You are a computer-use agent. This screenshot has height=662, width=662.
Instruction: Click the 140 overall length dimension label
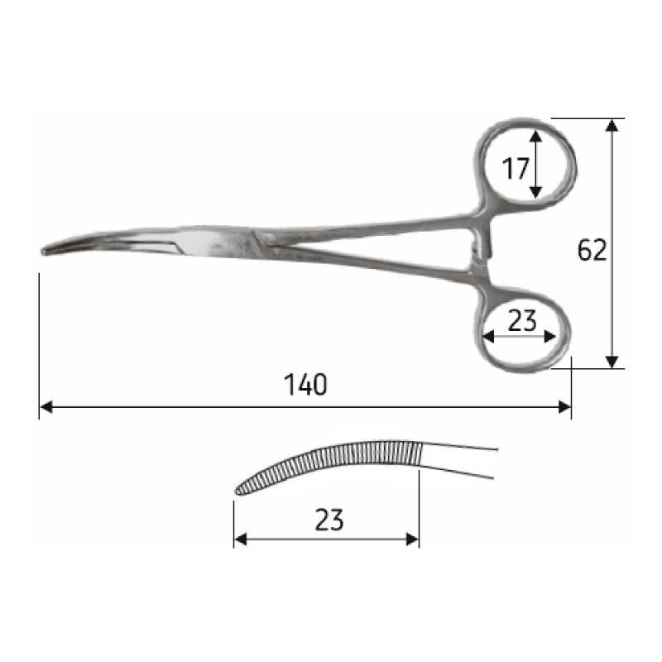click(305, 385)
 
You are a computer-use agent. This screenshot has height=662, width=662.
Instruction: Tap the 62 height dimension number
click(592, 250)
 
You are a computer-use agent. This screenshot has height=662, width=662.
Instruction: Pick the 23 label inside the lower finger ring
click(522, 320)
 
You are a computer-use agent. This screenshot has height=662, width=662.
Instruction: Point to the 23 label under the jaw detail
click(329, 520)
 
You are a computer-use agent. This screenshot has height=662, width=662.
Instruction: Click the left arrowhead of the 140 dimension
click(46, 407)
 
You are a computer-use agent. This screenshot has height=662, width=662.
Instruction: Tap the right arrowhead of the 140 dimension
click(564, 407)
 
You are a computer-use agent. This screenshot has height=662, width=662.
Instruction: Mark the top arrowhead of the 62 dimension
click(612, 126)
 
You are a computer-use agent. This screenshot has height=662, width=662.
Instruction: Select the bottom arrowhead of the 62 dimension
click(612, 362)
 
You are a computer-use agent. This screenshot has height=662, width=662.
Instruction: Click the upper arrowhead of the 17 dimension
click(535, 137)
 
